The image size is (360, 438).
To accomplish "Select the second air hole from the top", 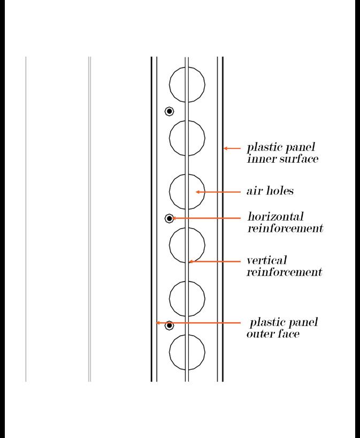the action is (187, 138).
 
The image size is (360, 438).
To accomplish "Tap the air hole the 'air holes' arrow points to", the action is (187, 191).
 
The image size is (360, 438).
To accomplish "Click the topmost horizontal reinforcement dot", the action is (170, 111).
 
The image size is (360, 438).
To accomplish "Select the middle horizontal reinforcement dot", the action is (170, 218).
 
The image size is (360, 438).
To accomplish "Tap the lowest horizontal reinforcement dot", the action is (170, 325).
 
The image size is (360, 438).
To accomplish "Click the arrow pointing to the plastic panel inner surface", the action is (232, 148).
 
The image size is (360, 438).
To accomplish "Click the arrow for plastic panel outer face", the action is (198, 323).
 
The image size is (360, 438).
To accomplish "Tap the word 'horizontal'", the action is (275, 217).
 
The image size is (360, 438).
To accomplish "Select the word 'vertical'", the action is (266, 261).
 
